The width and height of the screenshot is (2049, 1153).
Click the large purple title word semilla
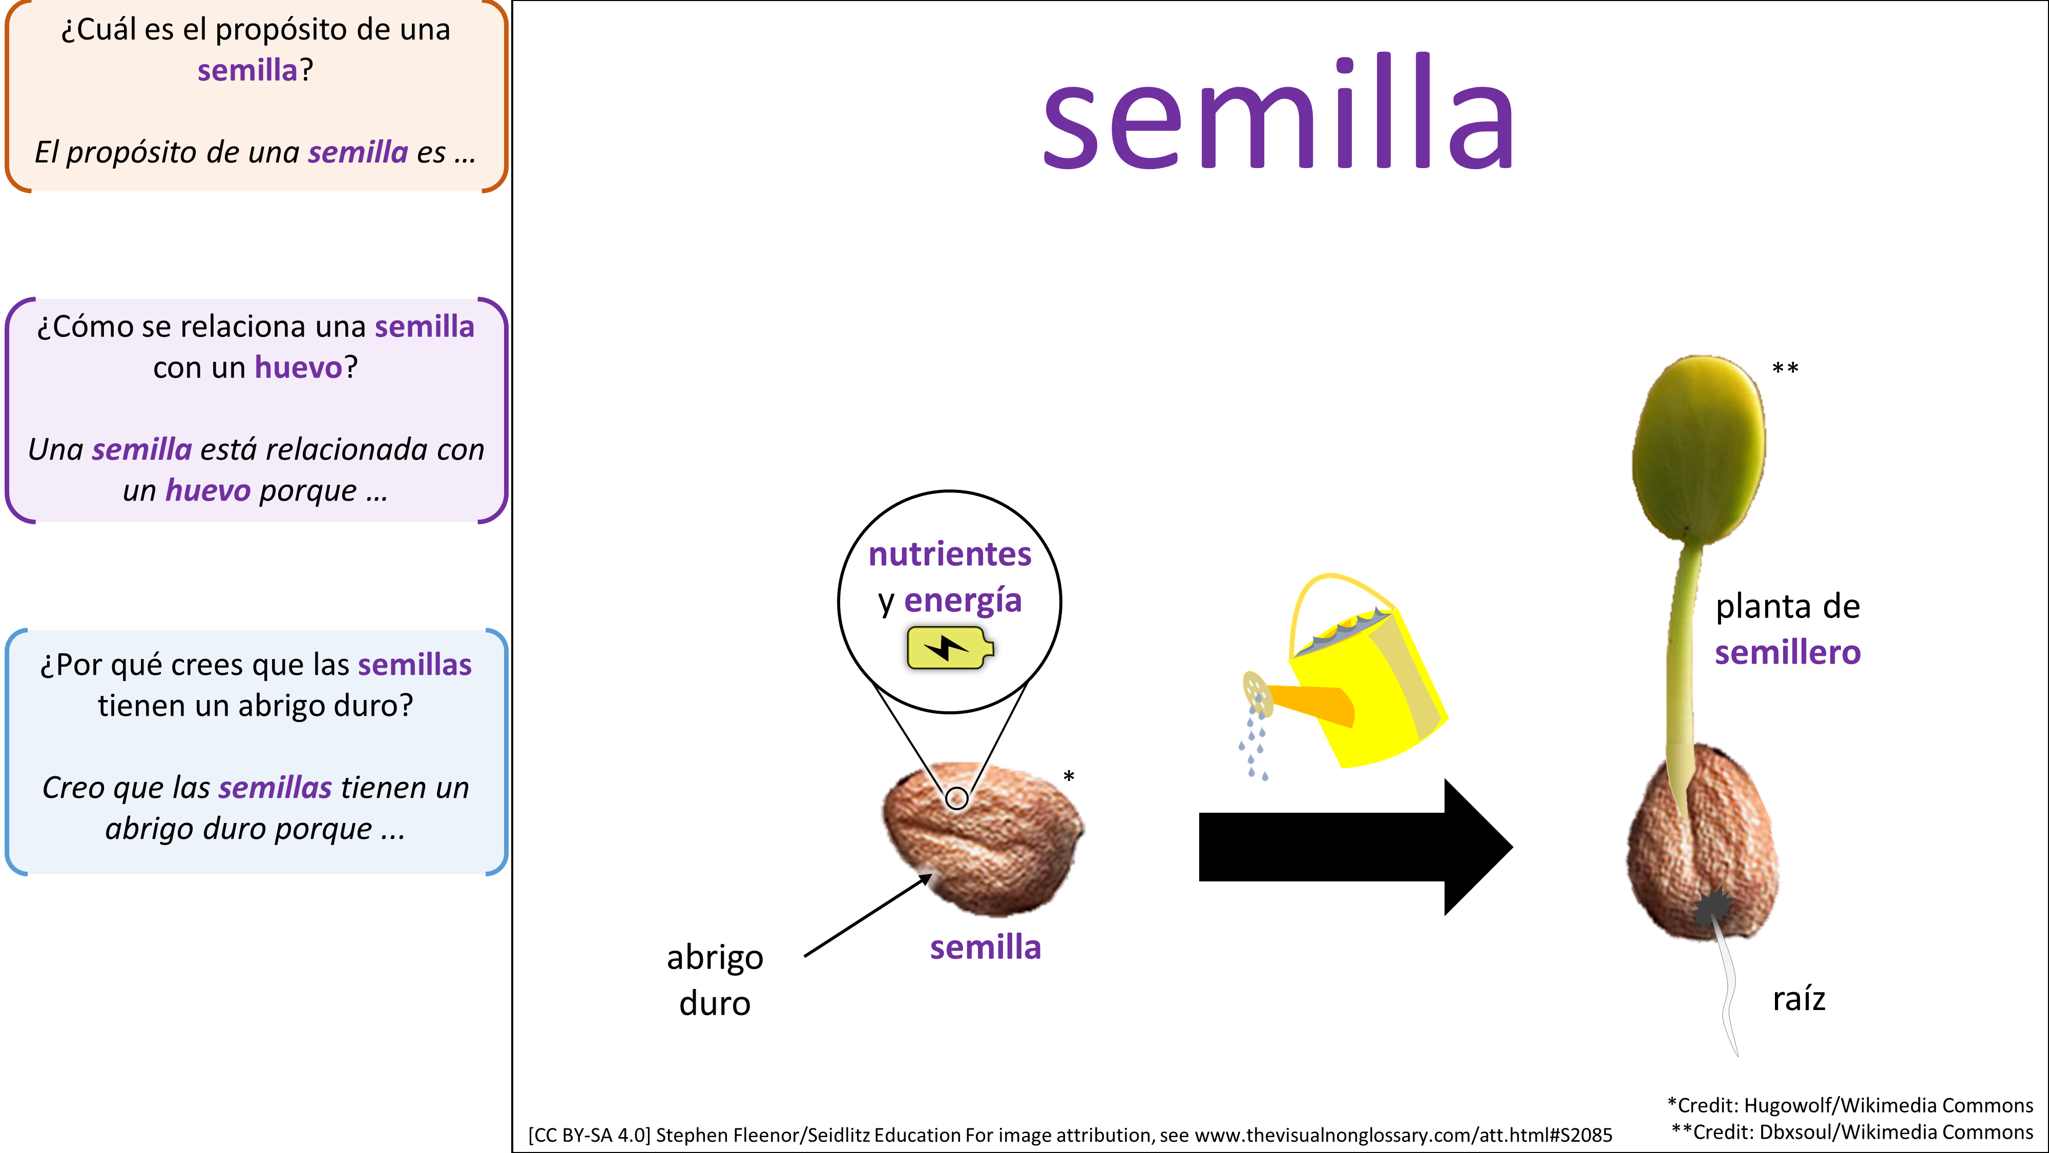click(x=1278, y=111)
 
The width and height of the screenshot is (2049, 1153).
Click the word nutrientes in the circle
click(x=950, y=554)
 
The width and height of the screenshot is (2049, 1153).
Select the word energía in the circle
click(x=963, y=601)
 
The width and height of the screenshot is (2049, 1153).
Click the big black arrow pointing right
click(x=1355, y=847)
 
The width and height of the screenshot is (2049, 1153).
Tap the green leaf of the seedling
click(x=1698, y=449)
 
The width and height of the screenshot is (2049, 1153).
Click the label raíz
click(x=1799, y=999)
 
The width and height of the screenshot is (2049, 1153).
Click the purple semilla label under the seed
click(x=986, y=948)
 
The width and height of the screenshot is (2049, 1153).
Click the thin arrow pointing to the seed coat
click(x=868, y=915)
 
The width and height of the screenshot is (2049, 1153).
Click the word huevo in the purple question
click(x=298, y=367)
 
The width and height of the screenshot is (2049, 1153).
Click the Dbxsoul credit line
click(x=1852, y=1133)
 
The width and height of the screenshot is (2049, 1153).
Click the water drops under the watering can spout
click(x=1253, y=744)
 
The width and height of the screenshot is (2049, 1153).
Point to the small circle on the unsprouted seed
click(x=957, y=798)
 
